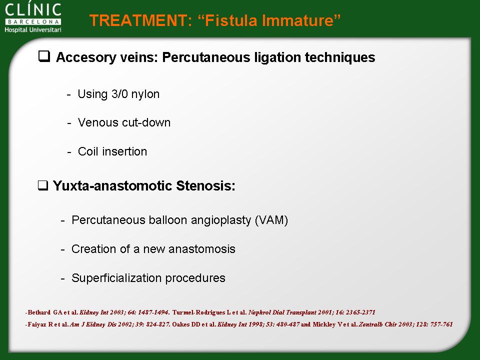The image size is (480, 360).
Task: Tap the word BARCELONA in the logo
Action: [33, 22]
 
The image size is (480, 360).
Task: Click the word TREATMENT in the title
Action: [138, 20]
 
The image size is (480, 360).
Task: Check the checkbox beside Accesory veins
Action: [44, 56]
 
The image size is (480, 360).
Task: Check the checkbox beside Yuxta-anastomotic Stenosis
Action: [43, 185]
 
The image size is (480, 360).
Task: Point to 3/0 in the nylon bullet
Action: [119, 93]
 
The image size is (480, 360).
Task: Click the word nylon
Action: [145, 94]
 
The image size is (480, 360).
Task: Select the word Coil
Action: [88, 151]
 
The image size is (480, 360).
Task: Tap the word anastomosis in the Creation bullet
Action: [201, 249]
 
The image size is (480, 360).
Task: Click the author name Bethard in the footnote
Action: [39, 312]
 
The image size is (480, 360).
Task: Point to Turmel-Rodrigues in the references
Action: [199, 312]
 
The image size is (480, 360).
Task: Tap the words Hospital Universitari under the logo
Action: [33, 29]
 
